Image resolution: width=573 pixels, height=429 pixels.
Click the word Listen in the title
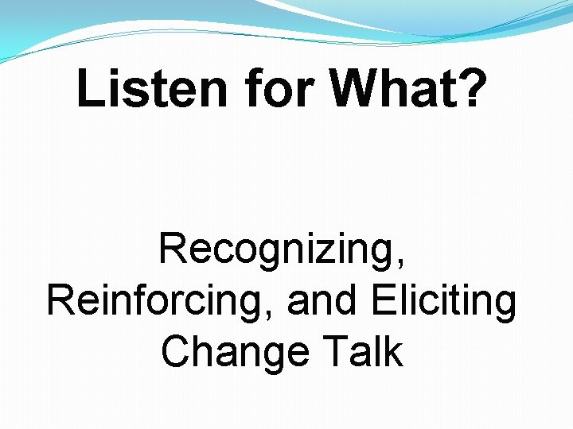coord(150,90)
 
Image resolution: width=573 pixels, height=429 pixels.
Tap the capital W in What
coord(355,90)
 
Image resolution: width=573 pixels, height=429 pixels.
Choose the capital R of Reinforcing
coord(61,301)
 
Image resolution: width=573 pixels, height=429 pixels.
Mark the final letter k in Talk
coord(394,351)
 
